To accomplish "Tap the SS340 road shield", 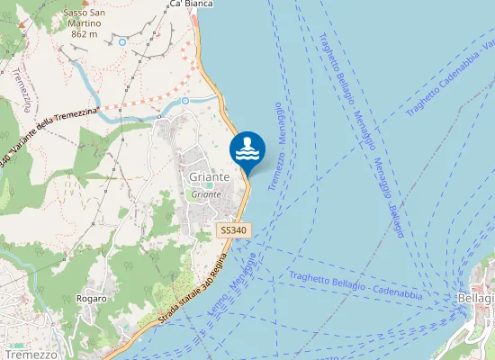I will [x=233, y=230].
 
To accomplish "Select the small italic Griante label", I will [x=206, y=194].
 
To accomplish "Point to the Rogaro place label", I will [x=92, y=298].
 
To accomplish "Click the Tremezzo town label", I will [x=30, y=355].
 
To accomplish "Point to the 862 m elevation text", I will [x=84, y=34].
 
